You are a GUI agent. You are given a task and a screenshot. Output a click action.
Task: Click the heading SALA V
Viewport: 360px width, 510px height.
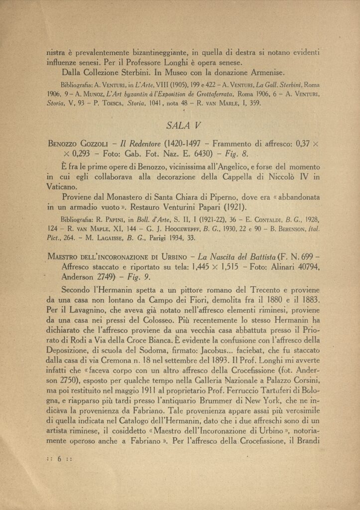click(182, 125)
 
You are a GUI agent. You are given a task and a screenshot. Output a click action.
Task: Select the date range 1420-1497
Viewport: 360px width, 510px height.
click(192, 144)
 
